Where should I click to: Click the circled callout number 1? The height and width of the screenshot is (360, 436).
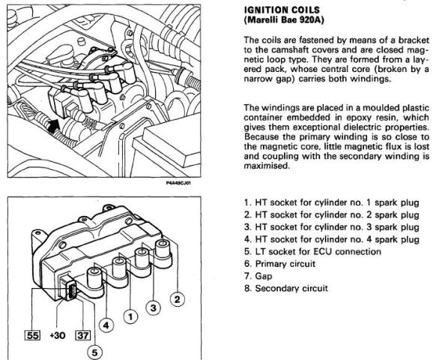coord(130,316)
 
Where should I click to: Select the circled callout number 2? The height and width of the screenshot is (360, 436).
coord(177,299)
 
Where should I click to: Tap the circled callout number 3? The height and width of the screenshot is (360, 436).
coord(154,308)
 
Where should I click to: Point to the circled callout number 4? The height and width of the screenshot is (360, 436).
coord(106,325)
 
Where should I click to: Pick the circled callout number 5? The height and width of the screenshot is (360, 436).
coord(95,352)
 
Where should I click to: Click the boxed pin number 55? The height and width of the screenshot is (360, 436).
coord(32,335)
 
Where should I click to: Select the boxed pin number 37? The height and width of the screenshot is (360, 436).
coord(83,335)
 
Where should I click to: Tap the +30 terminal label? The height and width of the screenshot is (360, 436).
coord(58,335)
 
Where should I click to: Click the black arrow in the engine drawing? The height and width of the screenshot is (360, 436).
coord(53,126)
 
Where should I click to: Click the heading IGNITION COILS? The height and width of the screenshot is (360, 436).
coord(282,10)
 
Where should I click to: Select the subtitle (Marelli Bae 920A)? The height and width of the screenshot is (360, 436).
coord(284,20)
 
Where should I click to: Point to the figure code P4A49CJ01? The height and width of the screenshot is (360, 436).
coord(178,183)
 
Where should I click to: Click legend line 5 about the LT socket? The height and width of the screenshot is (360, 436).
coord(312,251)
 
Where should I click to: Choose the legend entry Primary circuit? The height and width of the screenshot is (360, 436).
coord(279,264)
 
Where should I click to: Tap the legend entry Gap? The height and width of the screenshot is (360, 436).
coord(258,276)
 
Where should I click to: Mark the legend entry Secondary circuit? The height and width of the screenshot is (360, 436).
coord(286,288)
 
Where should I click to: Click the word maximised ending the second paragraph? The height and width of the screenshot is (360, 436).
coord(267,166)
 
